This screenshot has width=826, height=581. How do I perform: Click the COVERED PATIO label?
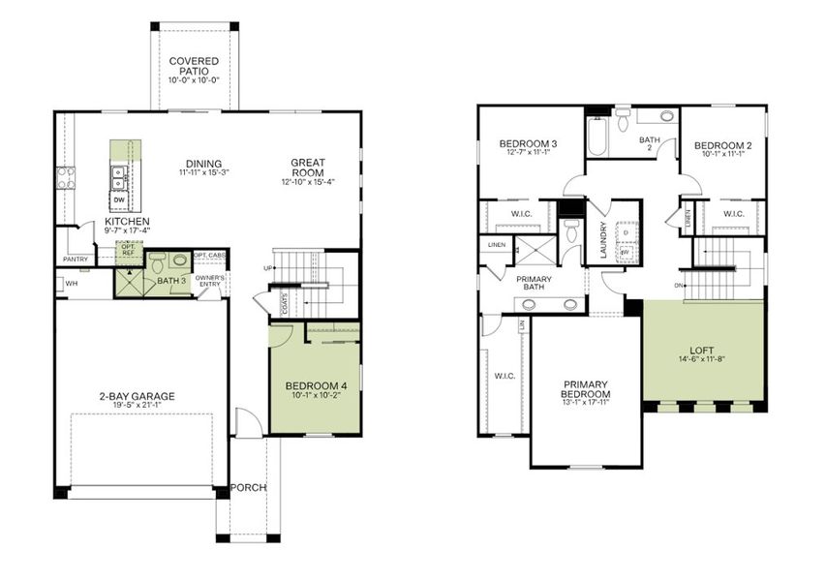point(194,67)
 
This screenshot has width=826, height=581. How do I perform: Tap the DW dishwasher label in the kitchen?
point(118,200)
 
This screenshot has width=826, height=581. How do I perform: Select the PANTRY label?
point(75,260)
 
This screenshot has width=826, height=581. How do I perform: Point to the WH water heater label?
point(72,283)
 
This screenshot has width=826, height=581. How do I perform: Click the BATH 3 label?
point(172,281)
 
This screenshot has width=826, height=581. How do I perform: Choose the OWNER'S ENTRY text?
point(210,282)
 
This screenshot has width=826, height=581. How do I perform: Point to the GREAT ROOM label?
point(307,168)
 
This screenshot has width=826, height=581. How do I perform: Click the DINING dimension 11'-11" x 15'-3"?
point(204,173)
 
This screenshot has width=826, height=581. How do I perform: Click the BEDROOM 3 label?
point(527,144)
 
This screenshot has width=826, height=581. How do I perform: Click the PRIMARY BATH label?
point(534,283)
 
